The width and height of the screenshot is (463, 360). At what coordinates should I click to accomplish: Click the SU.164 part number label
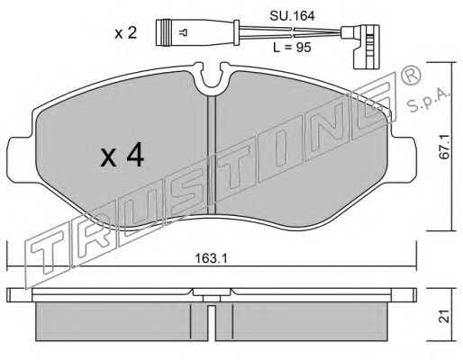pos(292,16)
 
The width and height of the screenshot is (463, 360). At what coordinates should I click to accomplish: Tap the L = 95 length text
pos(292,48)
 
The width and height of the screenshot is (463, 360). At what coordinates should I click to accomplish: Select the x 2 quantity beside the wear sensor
pos(126,33)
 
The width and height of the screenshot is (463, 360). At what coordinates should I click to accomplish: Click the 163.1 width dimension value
pos(211,258)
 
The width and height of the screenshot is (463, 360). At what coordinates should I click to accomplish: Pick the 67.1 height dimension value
pos(445,147)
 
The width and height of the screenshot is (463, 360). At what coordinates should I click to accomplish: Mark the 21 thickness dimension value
pos(445,316)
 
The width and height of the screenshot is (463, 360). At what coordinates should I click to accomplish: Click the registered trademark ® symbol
pos(412,75)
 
